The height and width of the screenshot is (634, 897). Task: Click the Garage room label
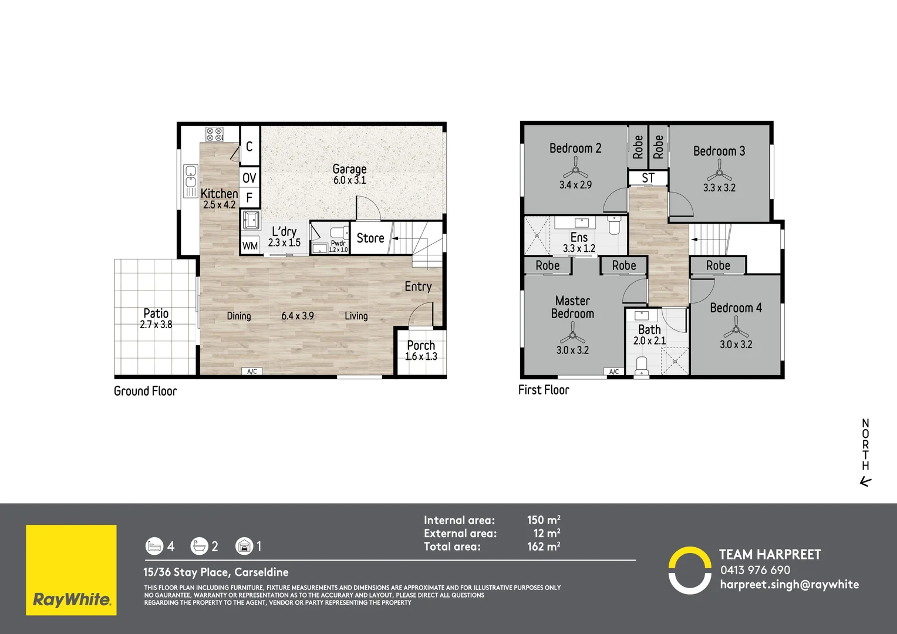click(349, 169)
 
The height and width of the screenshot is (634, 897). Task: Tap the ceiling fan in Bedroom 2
click(575, 172)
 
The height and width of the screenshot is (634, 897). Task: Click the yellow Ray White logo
click(71, 570)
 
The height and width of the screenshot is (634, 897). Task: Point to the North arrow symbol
click(865, 482)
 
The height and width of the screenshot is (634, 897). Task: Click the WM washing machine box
click(250, 246)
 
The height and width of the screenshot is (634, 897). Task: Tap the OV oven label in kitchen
click(249, 178)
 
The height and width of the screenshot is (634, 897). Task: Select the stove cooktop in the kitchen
click(214, 134)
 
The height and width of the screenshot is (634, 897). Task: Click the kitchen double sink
click(191, 180)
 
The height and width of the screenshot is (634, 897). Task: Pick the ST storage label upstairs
click(648, 178)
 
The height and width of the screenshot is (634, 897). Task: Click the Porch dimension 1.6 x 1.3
click(421, 357)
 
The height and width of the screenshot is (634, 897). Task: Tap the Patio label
click(156, 313)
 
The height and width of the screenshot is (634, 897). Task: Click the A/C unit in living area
click(252, 372)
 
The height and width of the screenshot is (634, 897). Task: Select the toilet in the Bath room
click(642, 365)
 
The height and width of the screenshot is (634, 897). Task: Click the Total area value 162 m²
click(543, 547)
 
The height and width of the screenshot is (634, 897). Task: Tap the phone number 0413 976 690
click(755, 570)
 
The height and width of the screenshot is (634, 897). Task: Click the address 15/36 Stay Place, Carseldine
click(216, 572)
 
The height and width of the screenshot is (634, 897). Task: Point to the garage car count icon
click(244, 547)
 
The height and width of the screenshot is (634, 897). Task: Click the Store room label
click(370, 238)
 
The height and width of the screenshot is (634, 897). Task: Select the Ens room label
click(579, 237)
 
